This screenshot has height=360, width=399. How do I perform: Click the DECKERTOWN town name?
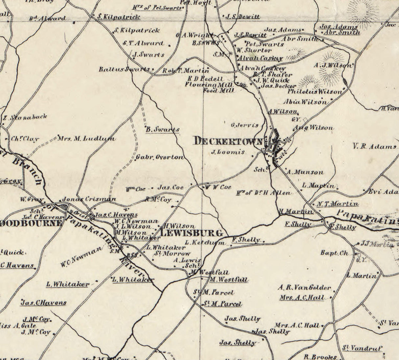(x=229, y=141)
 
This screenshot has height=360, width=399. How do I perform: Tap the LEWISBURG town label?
(x=191, y=233)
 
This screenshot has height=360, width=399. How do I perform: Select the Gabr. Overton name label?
(x=160, y=157)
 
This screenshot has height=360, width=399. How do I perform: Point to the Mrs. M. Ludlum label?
(x=86, y=139)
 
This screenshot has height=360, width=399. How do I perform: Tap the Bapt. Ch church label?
(x=334, y=253)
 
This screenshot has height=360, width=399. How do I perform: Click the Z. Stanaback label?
(x=25, y=117)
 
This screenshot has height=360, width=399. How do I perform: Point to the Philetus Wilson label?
(x=315, y=92)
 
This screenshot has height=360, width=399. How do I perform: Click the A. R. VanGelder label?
(x=304, y=288)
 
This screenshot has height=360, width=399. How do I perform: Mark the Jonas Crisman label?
(x=89, y=199)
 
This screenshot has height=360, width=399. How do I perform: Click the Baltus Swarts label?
(x=124, y=69)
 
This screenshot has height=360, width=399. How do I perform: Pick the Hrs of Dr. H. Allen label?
(x=264, y=193)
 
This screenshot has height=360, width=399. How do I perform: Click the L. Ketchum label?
(x=205, y=243)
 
